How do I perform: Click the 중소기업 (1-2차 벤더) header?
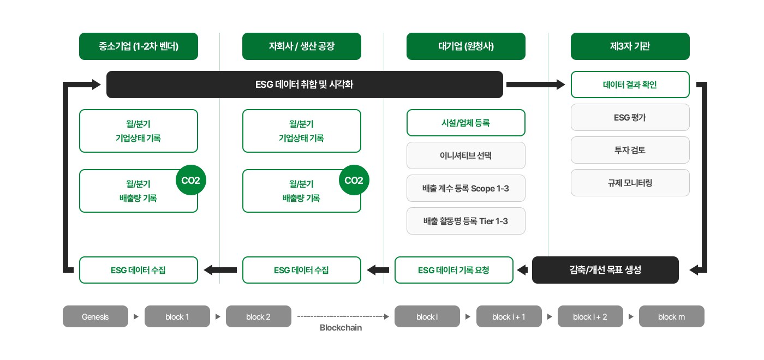pos(139,46)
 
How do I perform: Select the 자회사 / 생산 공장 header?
pos(302,46)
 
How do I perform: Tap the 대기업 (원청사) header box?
pos(466,46)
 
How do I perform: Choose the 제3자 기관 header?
pos(630,46)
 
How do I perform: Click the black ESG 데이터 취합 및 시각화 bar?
pos(305,85)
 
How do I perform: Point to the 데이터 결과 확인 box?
pos(630,85)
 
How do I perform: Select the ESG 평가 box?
pos(630,117)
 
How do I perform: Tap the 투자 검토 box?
pos(630,150)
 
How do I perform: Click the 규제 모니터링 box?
pos(630,183)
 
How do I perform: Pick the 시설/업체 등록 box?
pos(466,123)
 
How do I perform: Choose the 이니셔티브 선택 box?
pos(466,155)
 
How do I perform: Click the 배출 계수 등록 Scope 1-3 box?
pos(466,188)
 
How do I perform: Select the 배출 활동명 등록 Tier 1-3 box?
pos(466,221)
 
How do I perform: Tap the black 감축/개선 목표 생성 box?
pos(605,270)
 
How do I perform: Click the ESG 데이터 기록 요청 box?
pos(454,270)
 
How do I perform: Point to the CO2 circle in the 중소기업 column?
pos(190,180)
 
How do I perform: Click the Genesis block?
pos(95,316)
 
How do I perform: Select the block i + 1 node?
pos(509,316)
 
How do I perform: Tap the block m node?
pos(671,316)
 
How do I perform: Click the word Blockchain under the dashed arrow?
pos(341,328)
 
